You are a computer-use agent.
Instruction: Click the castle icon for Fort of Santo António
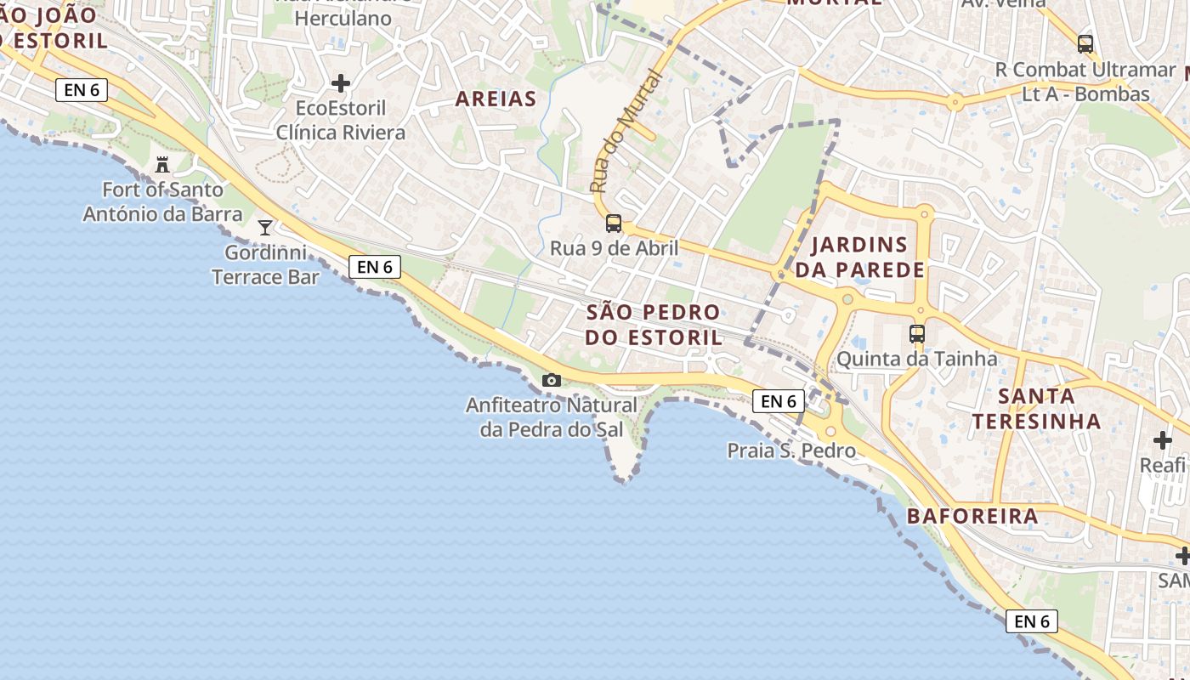(162, 164)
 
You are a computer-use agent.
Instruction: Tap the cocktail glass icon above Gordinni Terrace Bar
(265, 227)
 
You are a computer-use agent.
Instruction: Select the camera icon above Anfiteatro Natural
(552, 380)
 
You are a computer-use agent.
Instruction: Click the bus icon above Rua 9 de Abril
(614, 224)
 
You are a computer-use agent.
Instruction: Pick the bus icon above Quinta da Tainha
(916, 334)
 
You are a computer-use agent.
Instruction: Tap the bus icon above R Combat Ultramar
(1085, 44)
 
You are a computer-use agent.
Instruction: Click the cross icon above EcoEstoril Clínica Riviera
(341, 83)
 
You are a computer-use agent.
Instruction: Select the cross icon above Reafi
(1163, 440)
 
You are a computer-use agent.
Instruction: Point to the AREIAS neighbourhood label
(496, 99)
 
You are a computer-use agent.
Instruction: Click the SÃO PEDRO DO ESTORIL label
(654, 324)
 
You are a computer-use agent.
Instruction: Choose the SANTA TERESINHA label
(1036, 408)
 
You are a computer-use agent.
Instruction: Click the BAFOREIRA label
(972, 516)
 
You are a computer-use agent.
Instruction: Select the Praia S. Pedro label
(791, 450)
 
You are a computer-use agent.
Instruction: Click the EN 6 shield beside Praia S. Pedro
(778, 401)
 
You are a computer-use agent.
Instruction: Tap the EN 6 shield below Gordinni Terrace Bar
(375, 267)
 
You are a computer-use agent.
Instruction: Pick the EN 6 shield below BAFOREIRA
(1032, 621)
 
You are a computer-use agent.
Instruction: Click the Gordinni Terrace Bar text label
(265, 264)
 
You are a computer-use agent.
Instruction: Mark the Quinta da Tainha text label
(916, 359)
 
